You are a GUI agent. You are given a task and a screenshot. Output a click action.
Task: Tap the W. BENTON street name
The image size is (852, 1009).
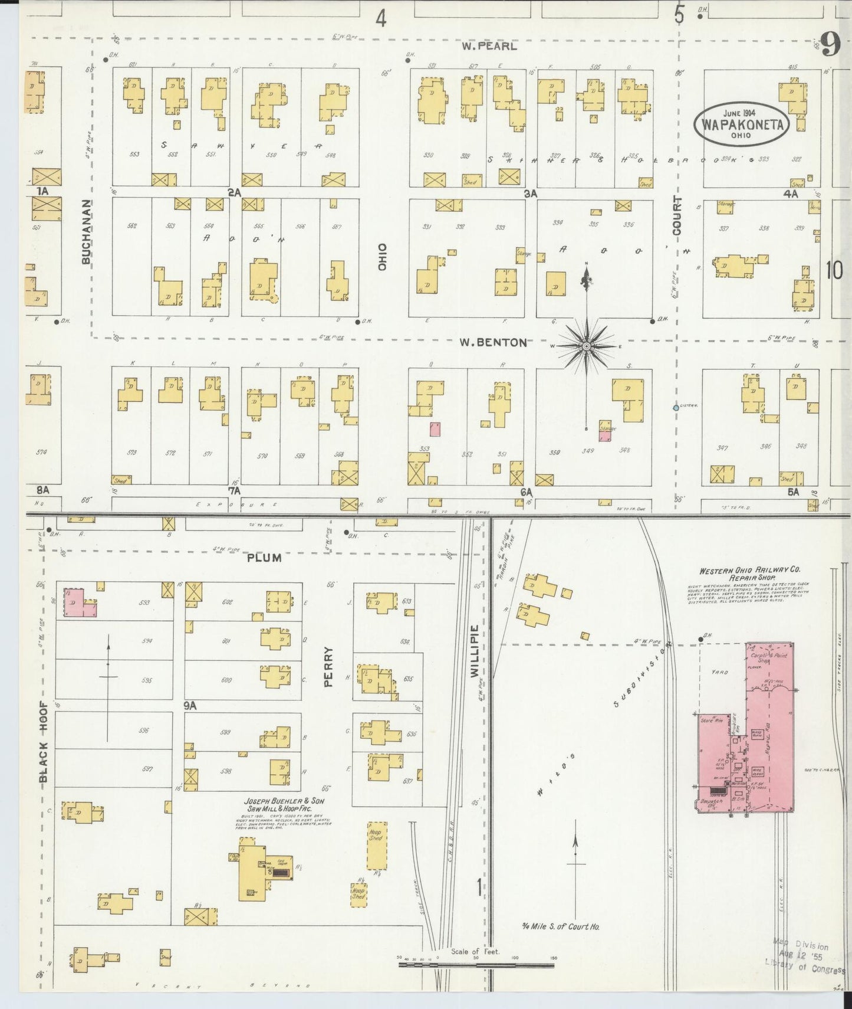tap(494, 342)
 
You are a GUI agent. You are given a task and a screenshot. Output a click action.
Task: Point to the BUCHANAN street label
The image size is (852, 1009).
tap(87, 231)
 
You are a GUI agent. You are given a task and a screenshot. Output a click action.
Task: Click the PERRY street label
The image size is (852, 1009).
tap(328, 667)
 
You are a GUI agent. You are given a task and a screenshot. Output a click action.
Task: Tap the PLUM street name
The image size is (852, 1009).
tap(264, 557)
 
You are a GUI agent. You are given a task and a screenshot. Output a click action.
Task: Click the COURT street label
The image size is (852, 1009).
tap(676, 217)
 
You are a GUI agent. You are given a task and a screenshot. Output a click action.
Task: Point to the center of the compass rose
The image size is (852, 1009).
tap(586, 346)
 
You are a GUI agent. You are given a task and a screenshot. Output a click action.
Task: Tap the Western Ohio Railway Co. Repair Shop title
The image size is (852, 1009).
tap(749, 575)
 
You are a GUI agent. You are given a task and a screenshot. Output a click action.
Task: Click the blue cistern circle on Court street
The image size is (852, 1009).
tap(676, 408)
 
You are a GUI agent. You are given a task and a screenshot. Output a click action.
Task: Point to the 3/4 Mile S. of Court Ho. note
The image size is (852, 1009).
tap(560, 943)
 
